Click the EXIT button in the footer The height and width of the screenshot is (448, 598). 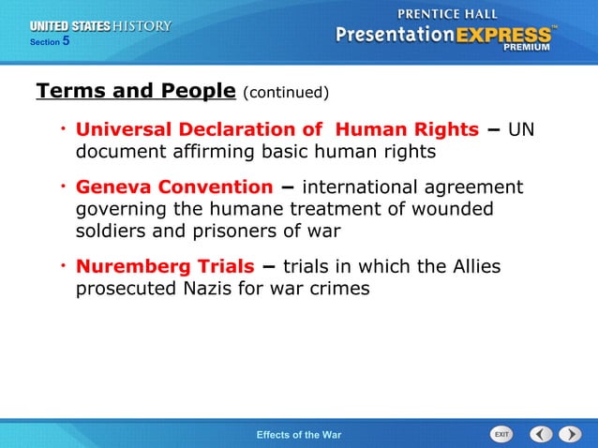click(x=502, y=434)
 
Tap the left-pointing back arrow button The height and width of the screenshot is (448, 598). click(x=541, y=434)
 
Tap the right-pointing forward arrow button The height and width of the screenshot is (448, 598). click(x=570, y=434)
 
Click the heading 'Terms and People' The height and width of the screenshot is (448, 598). click(x=135, y=91)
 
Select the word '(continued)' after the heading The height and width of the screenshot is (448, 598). click(x=286, y=93)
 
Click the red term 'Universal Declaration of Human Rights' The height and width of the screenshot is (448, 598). click(x=277, y=128)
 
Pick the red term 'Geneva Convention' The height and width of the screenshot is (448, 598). click(x=173, y=187)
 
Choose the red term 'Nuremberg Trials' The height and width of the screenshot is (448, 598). click(x=164, y=267)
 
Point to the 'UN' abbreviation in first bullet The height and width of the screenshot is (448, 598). click(x=521, y=128)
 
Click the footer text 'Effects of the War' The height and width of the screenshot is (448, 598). click(x=299, y=435)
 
